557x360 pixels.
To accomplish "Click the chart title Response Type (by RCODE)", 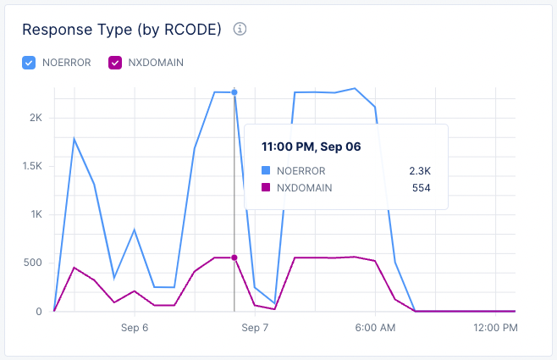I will (121, 30).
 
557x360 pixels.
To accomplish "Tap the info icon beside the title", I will (240, 30).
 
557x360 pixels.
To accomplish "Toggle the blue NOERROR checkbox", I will (29, 62).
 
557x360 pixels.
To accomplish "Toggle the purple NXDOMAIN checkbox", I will (115, 62).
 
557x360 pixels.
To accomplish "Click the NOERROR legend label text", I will (66, 62).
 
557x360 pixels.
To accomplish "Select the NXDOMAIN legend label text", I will (156, 62).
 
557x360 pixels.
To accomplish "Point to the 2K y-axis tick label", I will (35, 118).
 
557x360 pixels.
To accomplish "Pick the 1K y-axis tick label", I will (35, 214).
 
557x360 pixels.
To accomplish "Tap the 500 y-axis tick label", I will (32, 263).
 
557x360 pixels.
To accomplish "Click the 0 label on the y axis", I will (39, 311).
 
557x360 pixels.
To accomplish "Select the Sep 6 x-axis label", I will (135, 326).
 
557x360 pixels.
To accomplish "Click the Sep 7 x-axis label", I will (255, 326).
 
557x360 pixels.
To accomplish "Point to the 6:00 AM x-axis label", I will (375, 326).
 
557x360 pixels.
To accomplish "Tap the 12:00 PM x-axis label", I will (494, 326).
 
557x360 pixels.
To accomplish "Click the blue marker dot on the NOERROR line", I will (234, 92).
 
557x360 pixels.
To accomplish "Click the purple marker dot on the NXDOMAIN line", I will (234, 258).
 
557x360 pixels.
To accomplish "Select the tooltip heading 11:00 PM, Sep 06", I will (312, 147).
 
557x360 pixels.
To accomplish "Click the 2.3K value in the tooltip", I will (420, 170).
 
